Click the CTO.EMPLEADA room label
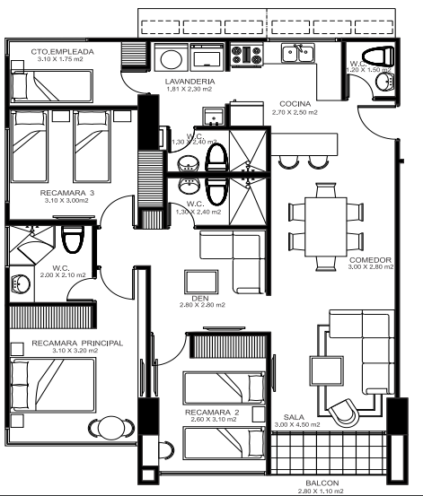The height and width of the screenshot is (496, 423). pos(63,51)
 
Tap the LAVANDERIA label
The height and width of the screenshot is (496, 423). pos(189,82)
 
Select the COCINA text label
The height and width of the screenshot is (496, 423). pos(295,104)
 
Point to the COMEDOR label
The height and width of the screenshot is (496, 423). pos(370,260)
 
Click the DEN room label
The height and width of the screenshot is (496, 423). pos(200,299)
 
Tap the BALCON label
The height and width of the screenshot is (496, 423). pos(322,483)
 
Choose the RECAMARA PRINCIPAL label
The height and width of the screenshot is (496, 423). pos(77,344)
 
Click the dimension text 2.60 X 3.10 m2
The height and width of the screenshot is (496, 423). pos(214,420)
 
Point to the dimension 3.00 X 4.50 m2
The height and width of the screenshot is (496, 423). pos(297,424)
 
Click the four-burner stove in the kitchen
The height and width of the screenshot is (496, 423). pos(247,55)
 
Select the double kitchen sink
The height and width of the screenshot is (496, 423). pos(298,54)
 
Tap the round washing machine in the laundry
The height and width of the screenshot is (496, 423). pos(172,58)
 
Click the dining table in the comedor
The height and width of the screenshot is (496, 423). pos(326,227)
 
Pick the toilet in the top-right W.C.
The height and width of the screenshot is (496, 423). pos(378,56)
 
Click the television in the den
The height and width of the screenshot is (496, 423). pos(201,283)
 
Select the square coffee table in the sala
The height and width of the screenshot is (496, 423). pos(326,371)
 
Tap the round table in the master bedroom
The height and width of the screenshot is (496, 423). pos(110,428)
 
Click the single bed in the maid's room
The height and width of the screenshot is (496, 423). pos(52,86)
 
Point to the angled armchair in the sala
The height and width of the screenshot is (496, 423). pos(343,413)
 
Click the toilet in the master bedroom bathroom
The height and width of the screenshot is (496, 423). pos(73,239)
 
